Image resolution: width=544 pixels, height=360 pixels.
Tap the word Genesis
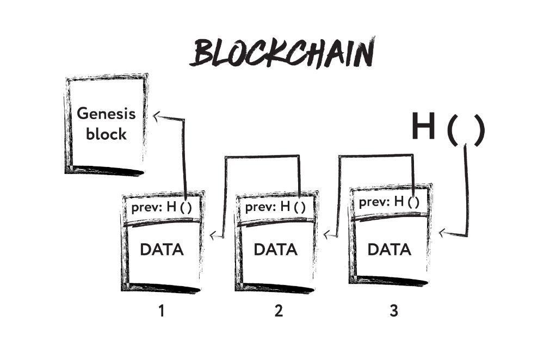click(x=106, y=114)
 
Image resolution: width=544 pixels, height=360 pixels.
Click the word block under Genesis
click(x=106, y=134)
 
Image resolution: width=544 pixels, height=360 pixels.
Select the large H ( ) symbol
click(x=447, y=128)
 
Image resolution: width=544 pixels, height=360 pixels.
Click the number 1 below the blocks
click(x=161, y=311)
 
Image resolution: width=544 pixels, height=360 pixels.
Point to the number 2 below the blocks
click(x=279, y=311)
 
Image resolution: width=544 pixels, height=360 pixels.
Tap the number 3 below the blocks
click(x=393, y=311)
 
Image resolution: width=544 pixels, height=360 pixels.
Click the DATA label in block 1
click(x=162, y=250)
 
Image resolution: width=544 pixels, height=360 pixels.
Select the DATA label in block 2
click(x=276, y=250)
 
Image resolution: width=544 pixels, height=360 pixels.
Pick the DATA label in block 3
click(x=390, y=250)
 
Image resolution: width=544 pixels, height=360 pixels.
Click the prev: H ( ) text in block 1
click(x=162, y=207)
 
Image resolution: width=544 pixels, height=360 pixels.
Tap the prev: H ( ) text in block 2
click(x=275, y=207)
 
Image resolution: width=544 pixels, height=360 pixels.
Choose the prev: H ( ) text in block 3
click(x=389, y=202)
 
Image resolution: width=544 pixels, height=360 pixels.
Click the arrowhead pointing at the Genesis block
click(x=157, y=115)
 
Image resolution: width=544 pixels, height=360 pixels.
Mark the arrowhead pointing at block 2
click(x=326, y=235)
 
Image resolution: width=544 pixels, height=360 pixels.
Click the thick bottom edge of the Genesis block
click(x=106, y=171)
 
